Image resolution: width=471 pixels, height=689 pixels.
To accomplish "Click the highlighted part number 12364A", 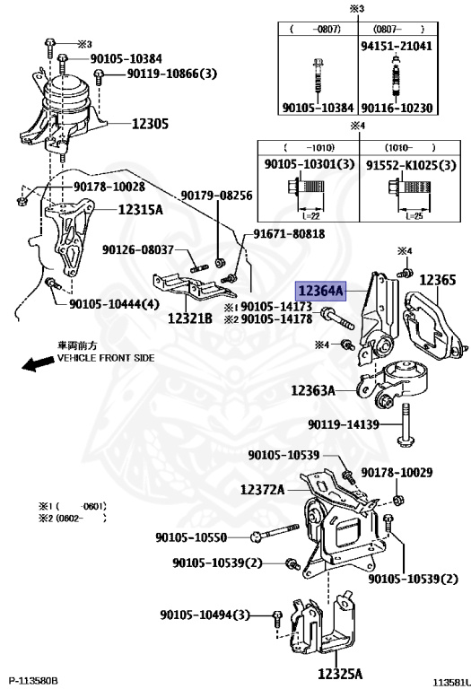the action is (x=321, y=291).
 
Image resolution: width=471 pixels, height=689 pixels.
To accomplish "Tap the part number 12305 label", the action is (x=150, y=124).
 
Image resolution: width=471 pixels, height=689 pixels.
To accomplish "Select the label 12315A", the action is (x=141, y=210).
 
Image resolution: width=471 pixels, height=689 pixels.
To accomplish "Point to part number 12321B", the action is (x=190, y=318).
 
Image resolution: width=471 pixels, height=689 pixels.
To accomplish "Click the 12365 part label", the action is (x=438, y=280).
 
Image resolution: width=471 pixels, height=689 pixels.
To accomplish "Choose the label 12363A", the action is (x=313, y=390).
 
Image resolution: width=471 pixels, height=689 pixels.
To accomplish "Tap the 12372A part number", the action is (x=263, y=489).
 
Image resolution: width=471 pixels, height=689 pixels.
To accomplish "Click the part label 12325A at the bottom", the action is (x=340, y=673).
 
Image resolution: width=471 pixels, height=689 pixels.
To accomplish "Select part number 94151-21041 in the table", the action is (x=397, y=46).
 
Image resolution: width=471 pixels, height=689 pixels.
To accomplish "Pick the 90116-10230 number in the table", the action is (x=397, y=108).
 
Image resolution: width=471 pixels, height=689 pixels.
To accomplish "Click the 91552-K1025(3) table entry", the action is (x=411, y=165).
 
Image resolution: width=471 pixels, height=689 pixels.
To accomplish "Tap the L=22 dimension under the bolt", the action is (x=311, y=215).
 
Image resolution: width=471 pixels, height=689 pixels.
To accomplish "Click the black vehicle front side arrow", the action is (x=36, y=364).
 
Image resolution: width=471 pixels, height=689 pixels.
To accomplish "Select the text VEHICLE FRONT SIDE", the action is (x=106, y=358).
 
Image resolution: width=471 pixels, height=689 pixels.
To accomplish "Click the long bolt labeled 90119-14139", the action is (x=405, y=425).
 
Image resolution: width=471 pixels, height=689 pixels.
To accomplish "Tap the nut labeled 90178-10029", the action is (x=398, y=500).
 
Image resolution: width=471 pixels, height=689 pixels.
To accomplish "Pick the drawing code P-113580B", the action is (x=33, y=681).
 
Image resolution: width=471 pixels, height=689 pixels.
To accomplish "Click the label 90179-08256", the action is (x=216, y=195).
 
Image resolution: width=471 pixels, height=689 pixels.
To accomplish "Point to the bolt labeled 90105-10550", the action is (x=275, y=532).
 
